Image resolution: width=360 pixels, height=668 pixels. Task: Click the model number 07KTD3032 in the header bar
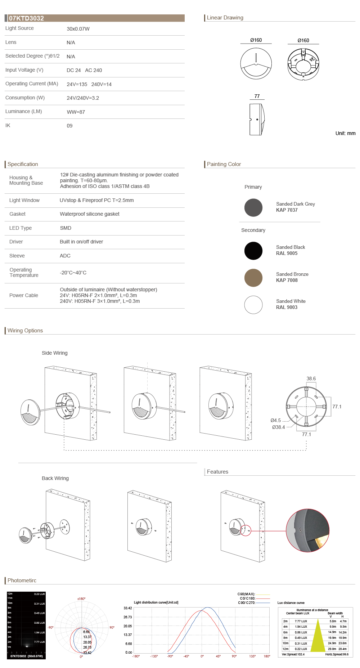click(26, 18)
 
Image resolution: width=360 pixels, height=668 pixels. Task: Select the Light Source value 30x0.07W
click(78, 29)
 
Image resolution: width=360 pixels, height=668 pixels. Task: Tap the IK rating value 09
click(69, 126)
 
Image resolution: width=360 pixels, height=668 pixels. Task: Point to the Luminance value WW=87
click(76, 112)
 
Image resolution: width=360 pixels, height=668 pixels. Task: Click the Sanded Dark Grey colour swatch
click(253, 207)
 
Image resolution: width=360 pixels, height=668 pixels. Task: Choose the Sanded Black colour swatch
click(253, 251)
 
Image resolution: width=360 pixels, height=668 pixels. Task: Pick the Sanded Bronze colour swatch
click(253, 278)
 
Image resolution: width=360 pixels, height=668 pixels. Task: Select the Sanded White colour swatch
click(253, 305)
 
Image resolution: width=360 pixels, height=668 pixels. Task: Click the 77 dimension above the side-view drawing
click(257, 96)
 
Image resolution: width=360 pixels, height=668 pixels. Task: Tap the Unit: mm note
click(345, 133)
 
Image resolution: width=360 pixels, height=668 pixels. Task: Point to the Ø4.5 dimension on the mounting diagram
click(276, 420)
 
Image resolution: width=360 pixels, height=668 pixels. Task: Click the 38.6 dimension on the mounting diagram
click(311, 378)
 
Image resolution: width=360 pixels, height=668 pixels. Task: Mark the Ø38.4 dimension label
click(278, 427)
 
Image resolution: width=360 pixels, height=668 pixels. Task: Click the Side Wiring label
click(55, 353)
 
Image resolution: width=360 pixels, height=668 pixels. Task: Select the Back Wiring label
click(55, 478)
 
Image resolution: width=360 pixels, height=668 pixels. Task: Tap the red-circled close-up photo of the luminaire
click(307, 530)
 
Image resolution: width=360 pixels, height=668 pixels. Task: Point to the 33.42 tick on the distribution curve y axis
click(128, 608)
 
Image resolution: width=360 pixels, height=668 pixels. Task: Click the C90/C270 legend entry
click(247, 602)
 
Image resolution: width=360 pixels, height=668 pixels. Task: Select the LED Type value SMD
click(66, 228)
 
